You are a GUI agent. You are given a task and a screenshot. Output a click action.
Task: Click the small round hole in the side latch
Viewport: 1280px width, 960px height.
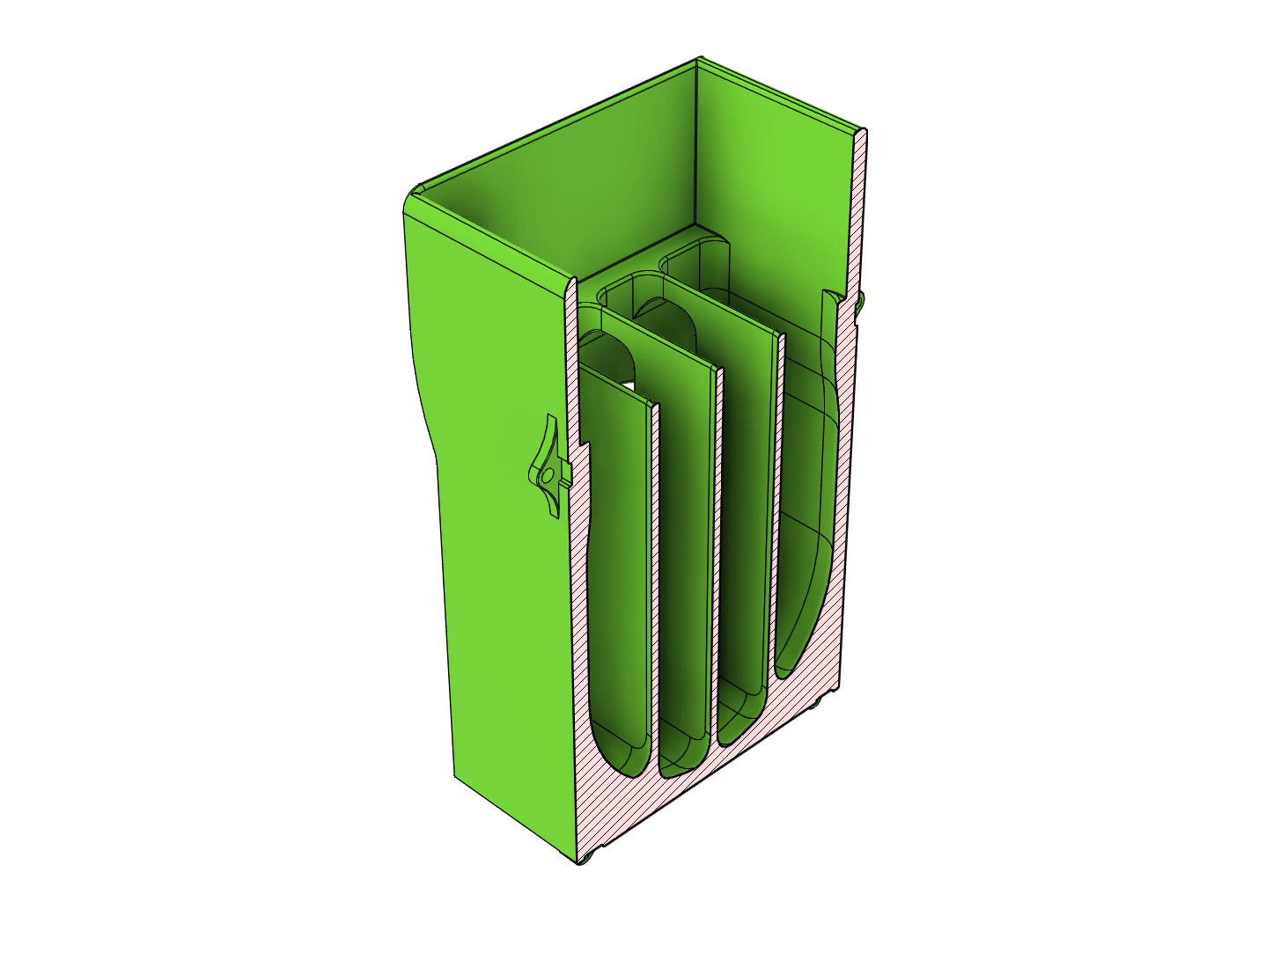(x=547, y=475)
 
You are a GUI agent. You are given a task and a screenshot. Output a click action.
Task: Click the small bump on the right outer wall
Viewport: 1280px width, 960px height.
(x=860, y=304)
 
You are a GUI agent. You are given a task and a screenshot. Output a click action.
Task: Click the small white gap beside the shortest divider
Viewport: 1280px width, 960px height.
(x=626, y=385)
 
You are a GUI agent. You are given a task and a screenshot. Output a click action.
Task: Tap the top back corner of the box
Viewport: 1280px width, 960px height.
(x=698, y=60)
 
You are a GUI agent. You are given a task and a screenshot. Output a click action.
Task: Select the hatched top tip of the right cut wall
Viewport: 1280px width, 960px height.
(x=862, y=136)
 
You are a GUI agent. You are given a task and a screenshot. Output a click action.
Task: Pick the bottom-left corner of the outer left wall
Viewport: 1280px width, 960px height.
(x=455, y=777)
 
